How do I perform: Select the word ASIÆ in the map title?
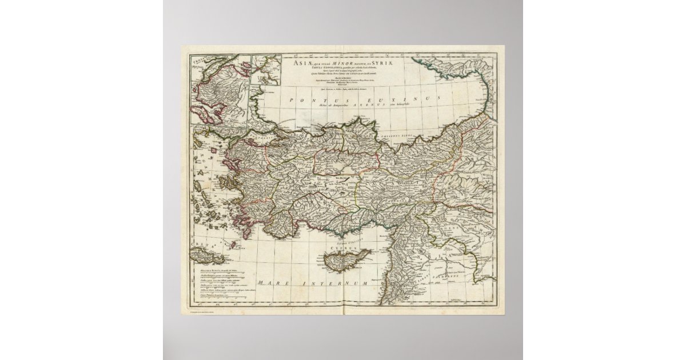tap(301, 62)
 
